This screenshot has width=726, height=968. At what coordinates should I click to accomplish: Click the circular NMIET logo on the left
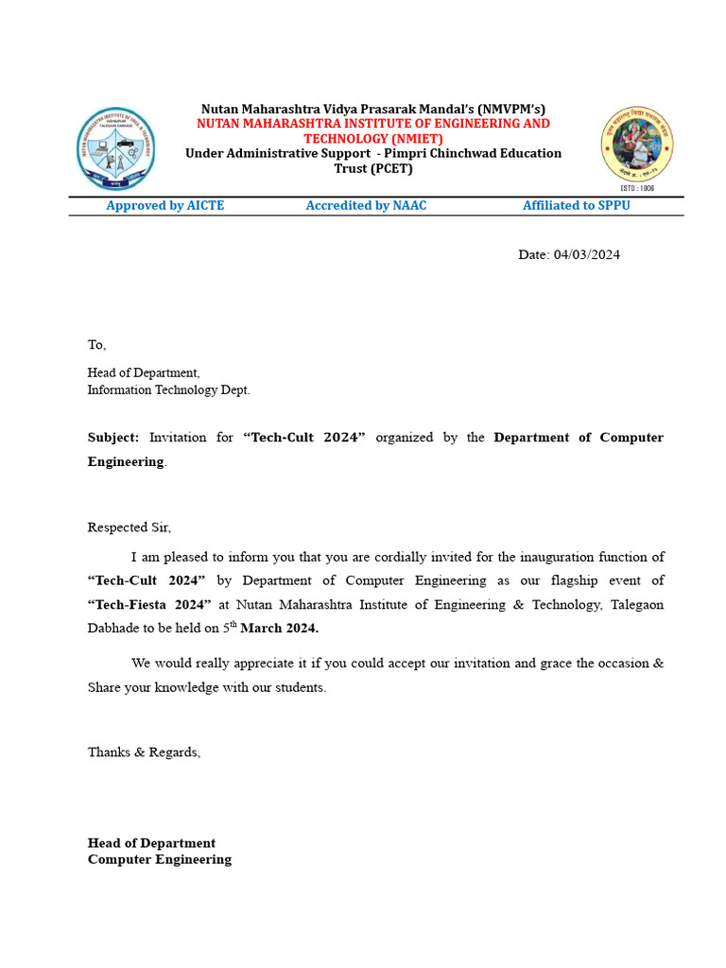116,148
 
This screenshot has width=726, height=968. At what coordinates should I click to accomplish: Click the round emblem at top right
637,144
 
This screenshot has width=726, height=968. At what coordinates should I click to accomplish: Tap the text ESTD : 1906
637,188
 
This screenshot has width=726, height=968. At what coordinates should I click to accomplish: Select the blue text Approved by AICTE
165,206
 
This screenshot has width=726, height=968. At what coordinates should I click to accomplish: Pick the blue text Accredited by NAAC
366,206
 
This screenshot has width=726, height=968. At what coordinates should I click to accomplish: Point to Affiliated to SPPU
576,206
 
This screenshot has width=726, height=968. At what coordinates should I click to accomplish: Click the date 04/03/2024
587,254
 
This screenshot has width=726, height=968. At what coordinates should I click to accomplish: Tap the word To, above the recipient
97,345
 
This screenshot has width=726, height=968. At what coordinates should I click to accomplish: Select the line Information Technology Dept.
169,389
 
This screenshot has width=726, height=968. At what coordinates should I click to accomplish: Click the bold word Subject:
113,438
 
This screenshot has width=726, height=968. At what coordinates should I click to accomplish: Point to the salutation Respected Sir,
130,527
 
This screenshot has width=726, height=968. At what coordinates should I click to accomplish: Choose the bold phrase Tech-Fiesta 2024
147,604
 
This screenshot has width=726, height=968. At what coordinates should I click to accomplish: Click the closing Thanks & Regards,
145,752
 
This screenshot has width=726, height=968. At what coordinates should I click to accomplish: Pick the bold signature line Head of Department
151,843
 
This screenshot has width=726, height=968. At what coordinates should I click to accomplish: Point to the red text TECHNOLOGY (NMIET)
372,139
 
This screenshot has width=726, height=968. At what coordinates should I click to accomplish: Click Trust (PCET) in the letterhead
372,168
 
